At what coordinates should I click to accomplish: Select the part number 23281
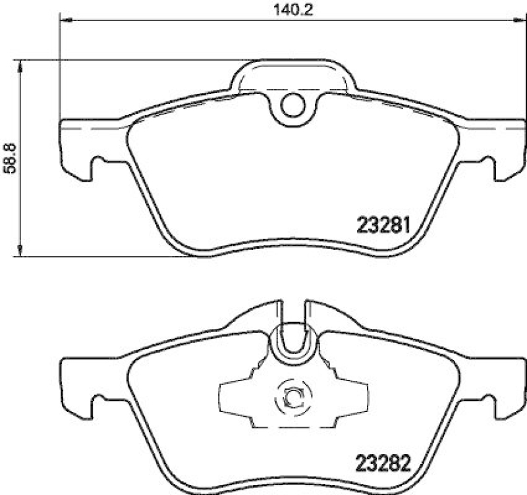pyautogui.click(x=384, y=226)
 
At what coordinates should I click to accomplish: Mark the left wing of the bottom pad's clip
pyautogui.click(x=237, y=396)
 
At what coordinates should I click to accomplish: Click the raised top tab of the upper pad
pyautogui.click(x=293, y=74)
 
